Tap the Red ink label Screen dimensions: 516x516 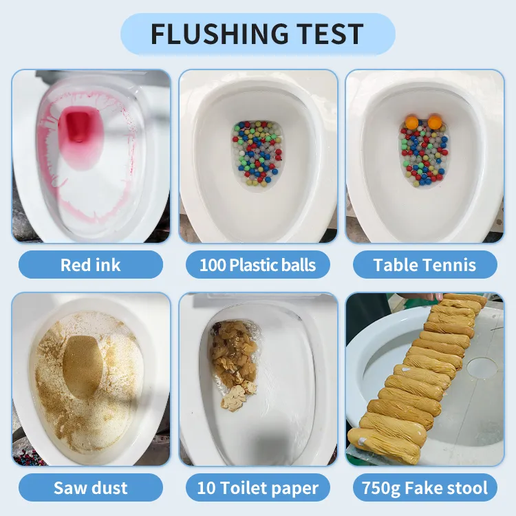90,265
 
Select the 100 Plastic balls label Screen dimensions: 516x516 257,265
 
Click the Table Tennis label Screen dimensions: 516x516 424,265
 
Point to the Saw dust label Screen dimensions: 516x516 90,488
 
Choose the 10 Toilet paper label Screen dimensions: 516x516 257,488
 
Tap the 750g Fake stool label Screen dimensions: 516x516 424,488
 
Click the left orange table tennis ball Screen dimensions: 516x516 412,122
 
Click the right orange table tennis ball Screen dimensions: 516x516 435,122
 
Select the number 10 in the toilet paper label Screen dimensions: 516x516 206,488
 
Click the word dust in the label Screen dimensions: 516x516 109,488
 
